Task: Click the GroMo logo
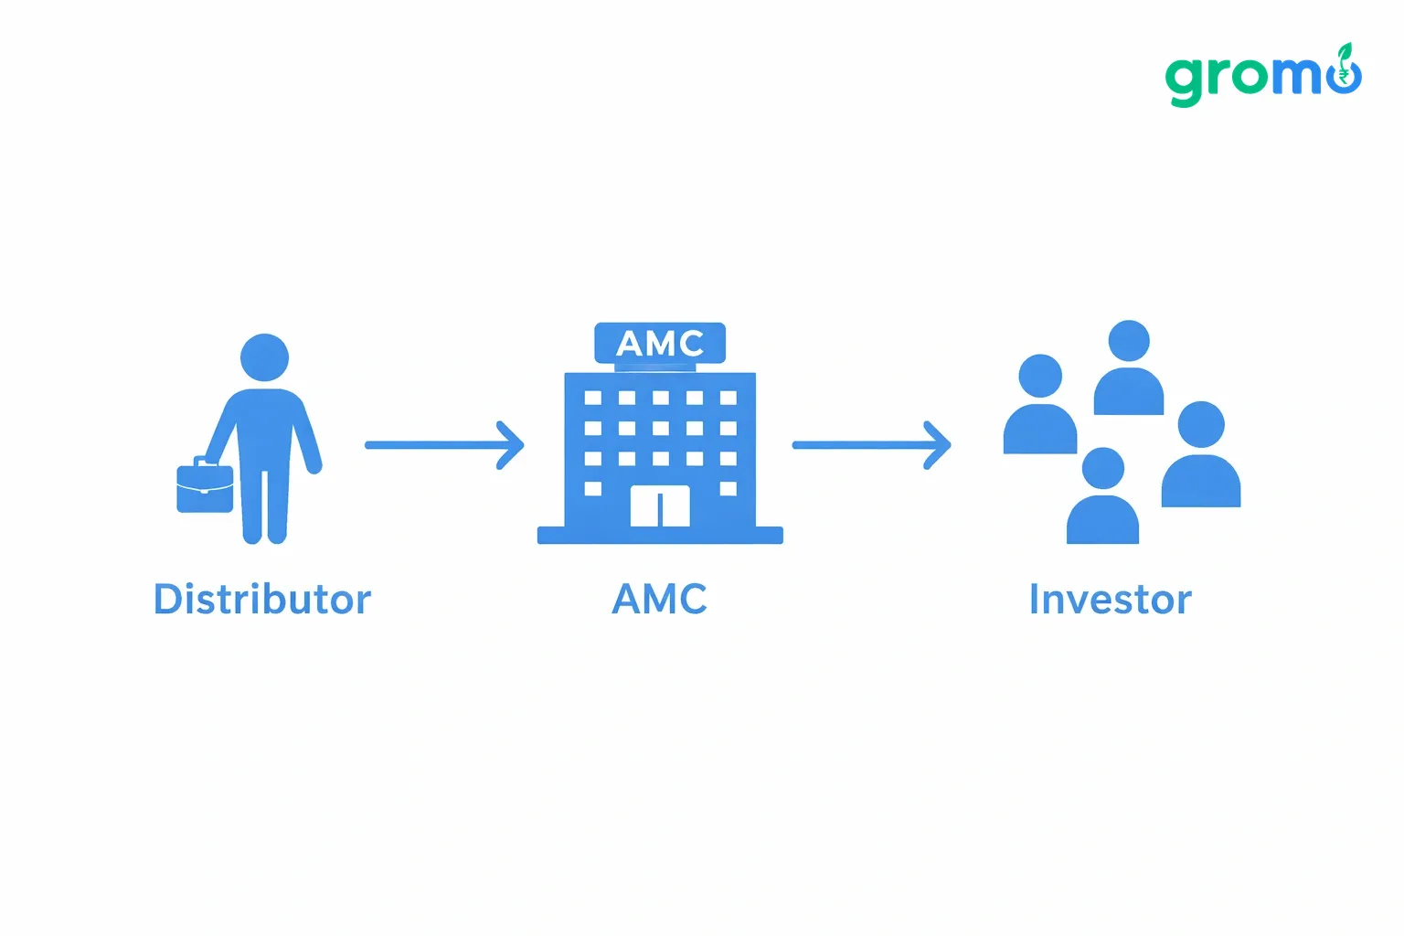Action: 1263,75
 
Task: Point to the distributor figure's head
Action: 264,357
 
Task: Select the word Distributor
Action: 262,600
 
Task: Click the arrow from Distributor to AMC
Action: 444,445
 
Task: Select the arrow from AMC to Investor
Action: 872,445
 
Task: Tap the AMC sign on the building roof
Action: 660,343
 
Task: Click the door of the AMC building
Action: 660,505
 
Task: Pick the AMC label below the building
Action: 659,600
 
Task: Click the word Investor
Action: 1110,600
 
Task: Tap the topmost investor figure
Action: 1129,367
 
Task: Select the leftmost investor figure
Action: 1040,404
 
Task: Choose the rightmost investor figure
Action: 1201,454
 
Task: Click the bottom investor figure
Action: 1102,495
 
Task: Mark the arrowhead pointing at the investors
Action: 939,445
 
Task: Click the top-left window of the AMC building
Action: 593,399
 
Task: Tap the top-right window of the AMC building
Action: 729,399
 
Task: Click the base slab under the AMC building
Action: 660,536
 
